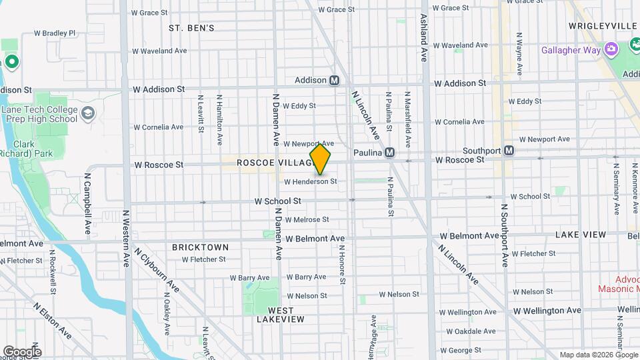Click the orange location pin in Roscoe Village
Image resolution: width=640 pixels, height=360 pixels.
tap(321, 159)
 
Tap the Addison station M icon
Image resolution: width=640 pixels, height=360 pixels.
tap(335, 81)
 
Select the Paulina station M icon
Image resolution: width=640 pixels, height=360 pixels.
tap(390, 153)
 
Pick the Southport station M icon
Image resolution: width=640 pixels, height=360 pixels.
tap(509, 151)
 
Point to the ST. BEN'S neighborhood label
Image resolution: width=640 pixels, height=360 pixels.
tap(191, 28)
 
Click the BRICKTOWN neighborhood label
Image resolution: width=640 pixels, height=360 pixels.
tap(200, 247)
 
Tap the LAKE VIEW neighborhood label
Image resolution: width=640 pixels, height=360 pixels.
tap(581, 235)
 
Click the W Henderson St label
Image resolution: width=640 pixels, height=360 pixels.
tap(310, 181)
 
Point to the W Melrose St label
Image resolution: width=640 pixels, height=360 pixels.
tap(307, 219)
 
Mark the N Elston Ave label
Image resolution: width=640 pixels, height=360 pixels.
tap(53, 320)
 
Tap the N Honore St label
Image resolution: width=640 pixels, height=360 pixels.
tap(341, 265)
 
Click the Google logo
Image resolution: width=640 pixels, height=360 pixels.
tap(22, 351)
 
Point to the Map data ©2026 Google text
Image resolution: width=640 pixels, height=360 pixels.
tap(597, 355)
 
